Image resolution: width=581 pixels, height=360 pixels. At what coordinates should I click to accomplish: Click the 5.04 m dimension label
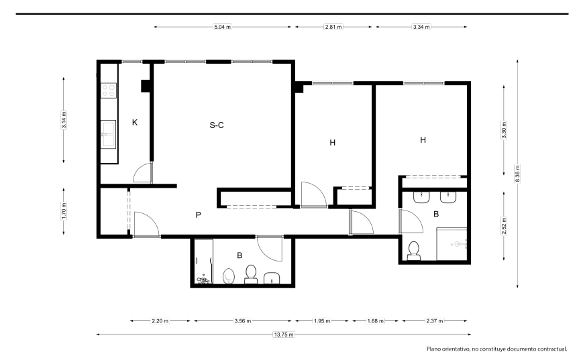pos(222,27)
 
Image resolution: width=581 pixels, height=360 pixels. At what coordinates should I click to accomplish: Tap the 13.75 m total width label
pos(284,335)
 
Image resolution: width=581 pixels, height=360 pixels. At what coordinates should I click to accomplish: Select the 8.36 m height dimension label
pos(518,174)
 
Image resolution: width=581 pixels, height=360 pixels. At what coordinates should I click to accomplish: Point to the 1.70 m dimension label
pos(64,211)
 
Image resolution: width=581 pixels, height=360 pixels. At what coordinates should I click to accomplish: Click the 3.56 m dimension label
pos(243,321)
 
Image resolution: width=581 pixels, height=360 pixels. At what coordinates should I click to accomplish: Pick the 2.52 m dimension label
pos(504,226)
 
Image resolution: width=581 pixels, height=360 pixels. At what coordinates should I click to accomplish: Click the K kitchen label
pos(135,122)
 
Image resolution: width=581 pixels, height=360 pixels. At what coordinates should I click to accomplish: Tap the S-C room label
pos(217,125)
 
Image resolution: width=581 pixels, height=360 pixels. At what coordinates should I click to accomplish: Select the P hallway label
pos(198,215)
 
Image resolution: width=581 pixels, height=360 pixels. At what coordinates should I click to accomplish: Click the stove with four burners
pos(109,91)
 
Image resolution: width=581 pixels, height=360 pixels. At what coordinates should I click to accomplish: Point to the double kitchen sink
pos(108,134)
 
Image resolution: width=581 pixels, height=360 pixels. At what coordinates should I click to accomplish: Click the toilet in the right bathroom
pos(413,251)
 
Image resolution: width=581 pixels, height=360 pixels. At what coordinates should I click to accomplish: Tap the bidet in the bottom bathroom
pos(229,276)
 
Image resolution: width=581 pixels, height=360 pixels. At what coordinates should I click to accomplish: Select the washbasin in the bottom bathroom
pos(272,278)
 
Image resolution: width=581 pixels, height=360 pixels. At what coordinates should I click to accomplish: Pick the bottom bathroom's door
pos(270,249)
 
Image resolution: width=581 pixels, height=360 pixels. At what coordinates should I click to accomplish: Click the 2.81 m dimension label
pos(333,27)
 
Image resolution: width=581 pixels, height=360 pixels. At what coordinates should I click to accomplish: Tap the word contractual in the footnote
pos(551,349)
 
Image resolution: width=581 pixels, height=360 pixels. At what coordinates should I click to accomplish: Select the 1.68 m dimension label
pos(375,321)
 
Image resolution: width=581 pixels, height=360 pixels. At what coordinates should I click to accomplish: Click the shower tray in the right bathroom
pos(452,244)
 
